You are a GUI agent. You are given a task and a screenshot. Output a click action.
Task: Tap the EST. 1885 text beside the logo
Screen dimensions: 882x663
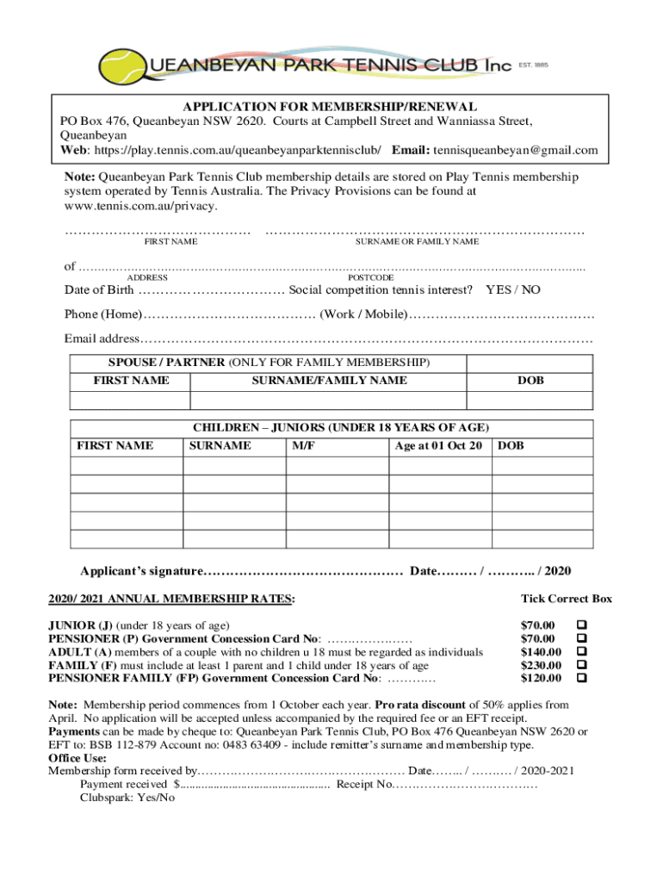click(532, 65)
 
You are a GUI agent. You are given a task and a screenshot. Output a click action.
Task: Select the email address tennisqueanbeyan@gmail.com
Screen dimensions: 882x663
click(515, 150)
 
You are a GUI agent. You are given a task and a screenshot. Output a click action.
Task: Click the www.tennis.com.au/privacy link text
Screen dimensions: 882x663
click(141, 207)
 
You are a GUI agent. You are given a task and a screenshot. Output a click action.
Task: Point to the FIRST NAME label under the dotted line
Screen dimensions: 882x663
click(170, 242)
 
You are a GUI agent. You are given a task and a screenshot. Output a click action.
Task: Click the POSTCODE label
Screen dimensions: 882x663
click(370, 278)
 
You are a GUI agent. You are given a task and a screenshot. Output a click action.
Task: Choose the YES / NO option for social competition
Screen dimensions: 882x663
click(513, 289)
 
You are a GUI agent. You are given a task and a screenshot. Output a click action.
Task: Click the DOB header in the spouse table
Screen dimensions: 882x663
click(530, 381)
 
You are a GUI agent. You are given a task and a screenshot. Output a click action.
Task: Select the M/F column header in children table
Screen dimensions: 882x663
click(302, 446)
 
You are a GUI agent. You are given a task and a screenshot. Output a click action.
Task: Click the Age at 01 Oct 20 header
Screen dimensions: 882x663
click(437, 446)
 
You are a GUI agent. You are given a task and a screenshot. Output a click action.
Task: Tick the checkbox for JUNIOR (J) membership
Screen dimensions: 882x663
click(580, 624)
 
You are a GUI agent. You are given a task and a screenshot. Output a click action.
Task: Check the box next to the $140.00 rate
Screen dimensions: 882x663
click(580, 651)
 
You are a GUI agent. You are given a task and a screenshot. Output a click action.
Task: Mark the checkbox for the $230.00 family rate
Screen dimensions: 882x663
click(580, 665)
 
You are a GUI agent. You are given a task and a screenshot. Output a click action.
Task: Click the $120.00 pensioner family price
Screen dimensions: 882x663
click(541, 679)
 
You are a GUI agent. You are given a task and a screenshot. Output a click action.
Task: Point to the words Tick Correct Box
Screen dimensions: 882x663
click(566, 599)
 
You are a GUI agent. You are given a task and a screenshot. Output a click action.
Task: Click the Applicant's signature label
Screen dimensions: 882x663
click(142, 571)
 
